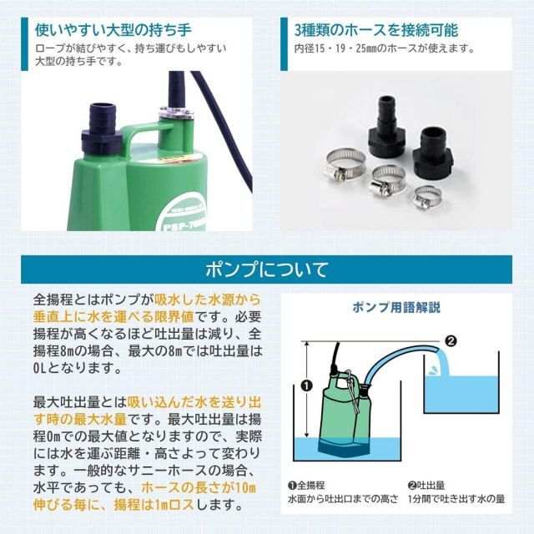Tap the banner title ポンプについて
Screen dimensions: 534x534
(266, 270)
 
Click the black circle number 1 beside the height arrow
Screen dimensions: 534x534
(306, 385)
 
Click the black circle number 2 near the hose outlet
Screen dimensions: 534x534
(451, 340)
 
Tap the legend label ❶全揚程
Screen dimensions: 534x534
(306, 485)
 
